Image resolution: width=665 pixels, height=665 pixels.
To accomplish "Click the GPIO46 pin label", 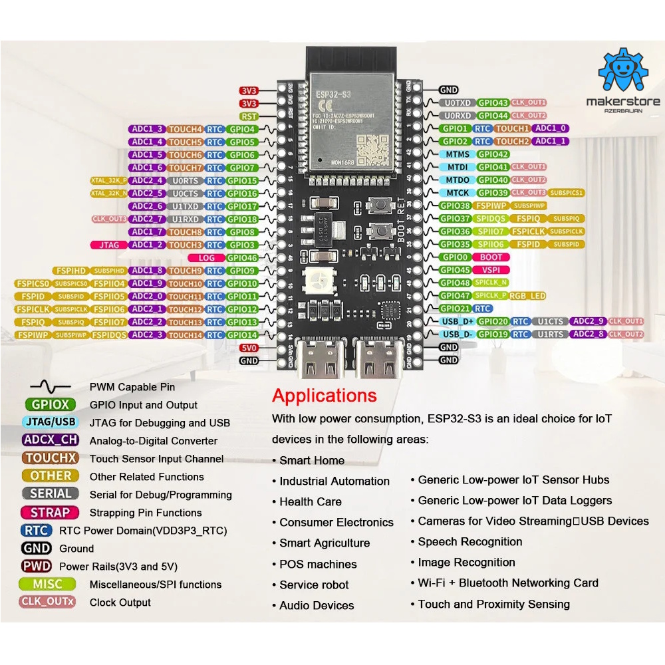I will click(x=242, y=257).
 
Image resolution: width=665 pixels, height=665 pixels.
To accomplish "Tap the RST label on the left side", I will click(x=249, y=116).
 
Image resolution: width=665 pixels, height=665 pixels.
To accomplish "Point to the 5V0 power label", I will click(x=249, y=348).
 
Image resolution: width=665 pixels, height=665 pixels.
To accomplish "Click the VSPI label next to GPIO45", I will click(x=491, y=270).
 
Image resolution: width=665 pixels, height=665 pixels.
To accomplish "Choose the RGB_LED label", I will click(x=529, y=296).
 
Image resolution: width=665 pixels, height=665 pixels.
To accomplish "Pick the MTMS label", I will click(x=458, y=154).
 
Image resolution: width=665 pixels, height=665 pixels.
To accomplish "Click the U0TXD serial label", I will click(x=458, y=103).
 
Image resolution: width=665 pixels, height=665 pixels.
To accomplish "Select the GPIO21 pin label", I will click(x=456, y=309).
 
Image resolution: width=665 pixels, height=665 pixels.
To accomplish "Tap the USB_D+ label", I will click(x=458, y=321).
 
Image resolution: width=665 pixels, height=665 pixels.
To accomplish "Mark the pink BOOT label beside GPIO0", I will click(x=491, y=257).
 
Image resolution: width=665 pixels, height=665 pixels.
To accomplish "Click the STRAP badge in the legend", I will click(x=50, y=512).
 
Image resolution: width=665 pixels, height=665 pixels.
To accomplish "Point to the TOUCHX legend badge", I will click(x=51, y=458).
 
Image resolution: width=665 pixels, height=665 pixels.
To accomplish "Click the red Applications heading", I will click(x=324, y=396).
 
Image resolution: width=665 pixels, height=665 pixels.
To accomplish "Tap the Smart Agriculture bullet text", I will click(x=325, y=543).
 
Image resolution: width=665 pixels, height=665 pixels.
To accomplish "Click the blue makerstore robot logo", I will click(x=623, y=72).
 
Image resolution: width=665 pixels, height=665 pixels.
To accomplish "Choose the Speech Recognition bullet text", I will click(x=470, y=542).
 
